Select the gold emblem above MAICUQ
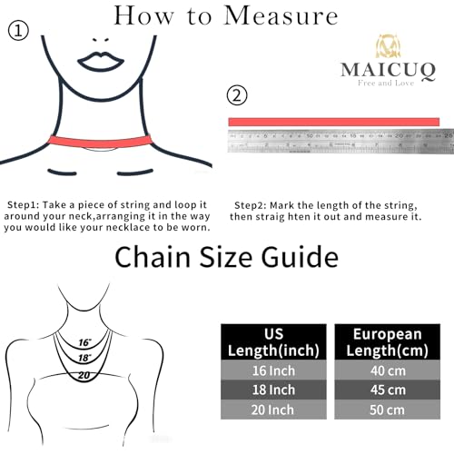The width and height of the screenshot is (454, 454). (x=385, y=44)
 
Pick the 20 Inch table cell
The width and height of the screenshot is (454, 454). (x=273, y=409)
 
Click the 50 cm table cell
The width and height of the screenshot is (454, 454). (x=388, y=409)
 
